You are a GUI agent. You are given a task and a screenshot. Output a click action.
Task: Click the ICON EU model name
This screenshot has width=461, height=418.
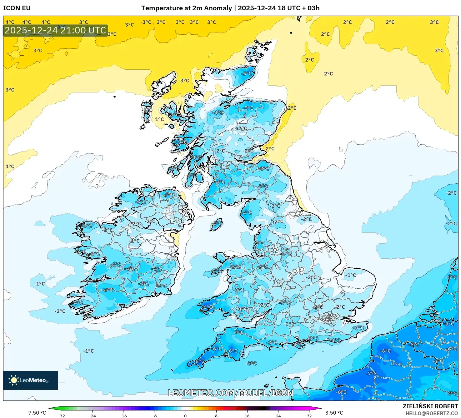pos(17,8)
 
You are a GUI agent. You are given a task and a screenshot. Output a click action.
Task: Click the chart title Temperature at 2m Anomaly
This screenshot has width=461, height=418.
pos(187,8)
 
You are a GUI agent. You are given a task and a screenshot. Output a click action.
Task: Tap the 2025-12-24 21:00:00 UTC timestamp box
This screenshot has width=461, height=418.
pos(55,31)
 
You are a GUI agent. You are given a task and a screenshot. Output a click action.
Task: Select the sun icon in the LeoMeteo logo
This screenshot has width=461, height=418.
pos(14,380)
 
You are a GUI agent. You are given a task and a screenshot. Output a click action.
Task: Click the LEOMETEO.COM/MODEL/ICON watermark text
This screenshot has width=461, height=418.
pos(231,393)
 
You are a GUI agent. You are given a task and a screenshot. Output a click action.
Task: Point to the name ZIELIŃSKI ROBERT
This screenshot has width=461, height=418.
pos(430,406)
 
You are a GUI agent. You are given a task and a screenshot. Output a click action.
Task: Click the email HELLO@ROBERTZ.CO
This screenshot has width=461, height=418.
pos(431,413)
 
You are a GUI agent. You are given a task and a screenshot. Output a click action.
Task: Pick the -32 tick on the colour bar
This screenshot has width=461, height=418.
pos(61,416)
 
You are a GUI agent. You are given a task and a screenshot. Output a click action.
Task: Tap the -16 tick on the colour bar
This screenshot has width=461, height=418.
pos(123,416)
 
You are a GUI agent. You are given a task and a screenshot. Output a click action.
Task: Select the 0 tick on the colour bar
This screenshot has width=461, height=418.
pos(185,416)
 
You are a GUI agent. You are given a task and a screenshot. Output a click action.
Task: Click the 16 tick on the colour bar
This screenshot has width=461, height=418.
pos(247,416)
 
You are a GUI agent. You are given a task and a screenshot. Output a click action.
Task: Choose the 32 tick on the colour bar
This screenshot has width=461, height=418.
pos(309,416)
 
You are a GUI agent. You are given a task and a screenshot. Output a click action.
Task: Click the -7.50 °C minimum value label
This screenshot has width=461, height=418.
pos(36,413)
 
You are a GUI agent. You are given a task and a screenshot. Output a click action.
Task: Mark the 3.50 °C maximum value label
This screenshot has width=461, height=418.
pos(334,413)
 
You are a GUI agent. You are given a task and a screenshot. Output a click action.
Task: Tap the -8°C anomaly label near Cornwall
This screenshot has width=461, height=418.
pos(200,361)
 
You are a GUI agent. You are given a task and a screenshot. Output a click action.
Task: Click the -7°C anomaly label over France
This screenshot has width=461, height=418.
pos(371,374)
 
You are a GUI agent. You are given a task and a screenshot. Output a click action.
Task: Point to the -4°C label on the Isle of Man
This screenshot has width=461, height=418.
pos(217,224)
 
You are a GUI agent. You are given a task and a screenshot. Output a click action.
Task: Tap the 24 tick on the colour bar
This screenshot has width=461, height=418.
pos(278,416)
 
